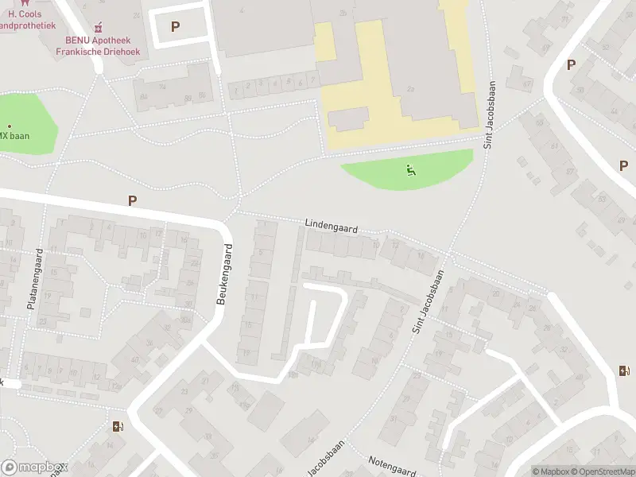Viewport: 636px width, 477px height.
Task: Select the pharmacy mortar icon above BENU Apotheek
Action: (x=98, y=28)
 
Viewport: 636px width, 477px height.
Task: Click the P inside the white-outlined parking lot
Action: (x=175, y=26)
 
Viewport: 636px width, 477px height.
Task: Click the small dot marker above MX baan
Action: (x=10, y=126)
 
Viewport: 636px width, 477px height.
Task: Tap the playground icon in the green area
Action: (x=410, y=169)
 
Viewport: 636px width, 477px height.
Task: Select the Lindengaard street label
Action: (x=331, y=227)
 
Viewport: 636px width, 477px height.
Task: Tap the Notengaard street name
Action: (x=392, y=467)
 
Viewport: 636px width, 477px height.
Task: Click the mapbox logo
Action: (x=33, y=467)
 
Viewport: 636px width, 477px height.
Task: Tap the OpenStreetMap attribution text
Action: (x=602, y=471)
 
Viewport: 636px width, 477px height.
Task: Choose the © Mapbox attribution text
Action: (x=550, y=471)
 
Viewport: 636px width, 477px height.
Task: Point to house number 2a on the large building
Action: (x=411, y=89)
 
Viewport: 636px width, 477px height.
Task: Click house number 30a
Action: (x=188, y=304)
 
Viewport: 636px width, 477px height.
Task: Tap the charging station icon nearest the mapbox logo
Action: (x=118, y=427)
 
